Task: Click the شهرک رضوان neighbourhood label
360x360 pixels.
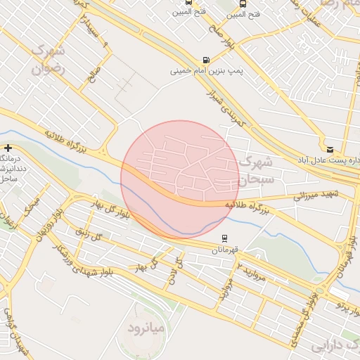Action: click(47, 60)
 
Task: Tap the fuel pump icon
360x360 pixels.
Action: click(205, 60)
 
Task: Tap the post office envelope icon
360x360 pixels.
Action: click(330, 149)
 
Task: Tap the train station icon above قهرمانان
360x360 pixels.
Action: click(224, 238)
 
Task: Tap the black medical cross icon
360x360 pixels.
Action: click(8, 148)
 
